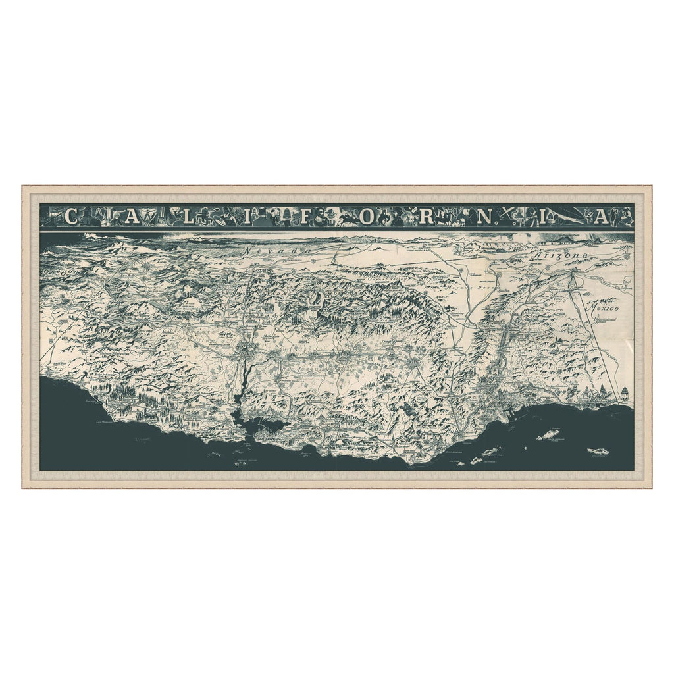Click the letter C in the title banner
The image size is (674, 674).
72,217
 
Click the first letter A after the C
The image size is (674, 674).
132,217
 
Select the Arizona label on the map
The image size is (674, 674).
561,255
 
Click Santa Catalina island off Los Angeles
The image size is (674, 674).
548,434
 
